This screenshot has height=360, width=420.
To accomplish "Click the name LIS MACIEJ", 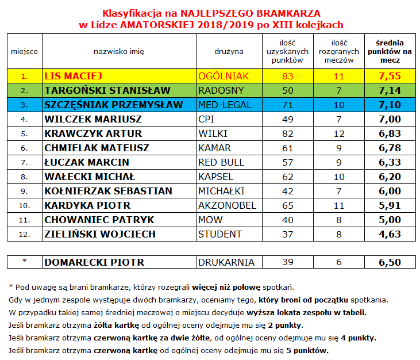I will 73,75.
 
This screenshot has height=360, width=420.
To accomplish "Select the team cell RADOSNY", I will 221,90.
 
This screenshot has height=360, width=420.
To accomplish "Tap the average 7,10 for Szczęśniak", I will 390,105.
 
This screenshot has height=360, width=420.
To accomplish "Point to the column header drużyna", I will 229,51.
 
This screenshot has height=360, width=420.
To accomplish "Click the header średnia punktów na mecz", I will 390,51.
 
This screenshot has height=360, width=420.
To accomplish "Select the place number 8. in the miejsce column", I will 24,177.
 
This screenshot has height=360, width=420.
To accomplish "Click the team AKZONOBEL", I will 226,205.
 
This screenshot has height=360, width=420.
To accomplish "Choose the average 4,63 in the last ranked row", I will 390,234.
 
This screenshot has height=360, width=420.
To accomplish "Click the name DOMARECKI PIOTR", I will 94,262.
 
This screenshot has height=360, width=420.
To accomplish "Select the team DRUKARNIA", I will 226,262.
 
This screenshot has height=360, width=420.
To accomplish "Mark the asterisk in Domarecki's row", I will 24,262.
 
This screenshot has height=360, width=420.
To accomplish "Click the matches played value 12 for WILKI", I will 339,133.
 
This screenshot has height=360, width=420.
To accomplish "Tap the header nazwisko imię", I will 119,51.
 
